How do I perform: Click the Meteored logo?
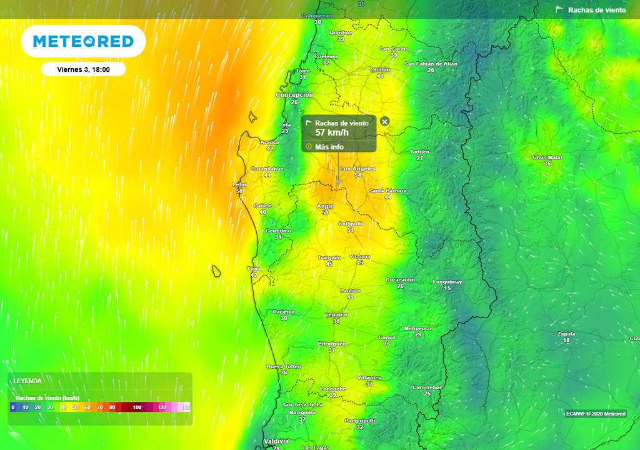[x=83, y=41]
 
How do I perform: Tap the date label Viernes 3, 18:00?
[x=83, y=69]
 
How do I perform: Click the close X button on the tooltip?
[x=384, y=121]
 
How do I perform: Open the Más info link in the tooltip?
[x=329, y=147]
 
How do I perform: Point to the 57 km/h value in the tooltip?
[x=331, y=132]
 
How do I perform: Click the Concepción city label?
[x=294, y=95]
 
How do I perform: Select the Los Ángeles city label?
[x=357, y=169]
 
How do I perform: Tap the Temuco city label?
[x=336, y=314]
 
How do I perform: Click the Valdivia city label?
[x=276, y=441]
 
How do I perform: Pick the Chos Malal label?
[x=547, y=157]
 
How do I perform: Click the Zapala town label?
[x=566, y=333]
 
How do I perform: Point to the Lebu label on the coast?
[x=239, y=184]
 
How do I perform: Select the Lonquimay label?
[x=447, y=282]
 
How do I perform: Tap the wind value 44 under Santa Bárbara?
[x=387, y=197]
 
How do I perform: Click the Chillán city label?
[x=380, y=69]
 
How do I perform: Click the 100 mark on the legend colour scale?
[x=137, y=407]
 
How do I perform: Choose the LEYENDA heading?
[x=27, y=381]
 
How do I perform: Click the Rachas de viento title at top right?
[x=596, y=10]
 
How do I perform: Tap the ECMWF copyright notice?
[x=595, y=414]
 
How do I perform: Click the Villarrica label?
[x=369, y=377]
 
